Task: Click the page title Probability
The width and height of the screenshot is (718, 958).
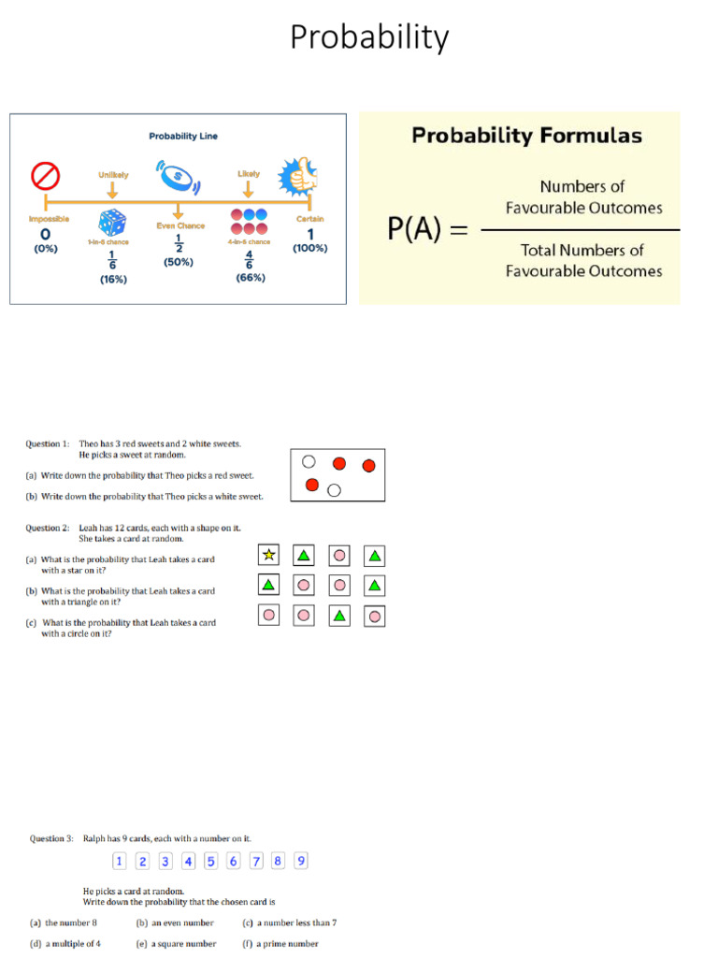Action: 369,38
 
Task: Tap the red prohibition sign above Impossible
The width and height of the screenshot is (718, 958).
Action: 46,176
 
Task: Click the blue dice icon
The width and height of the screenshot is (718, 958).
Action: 112,223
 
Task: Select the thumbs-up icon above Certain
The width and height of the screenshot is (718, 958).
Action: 298,175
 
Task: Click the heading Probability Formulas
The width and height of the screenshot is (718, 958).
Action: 527,136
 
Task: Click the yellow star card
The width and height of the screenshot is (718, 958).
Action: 269,555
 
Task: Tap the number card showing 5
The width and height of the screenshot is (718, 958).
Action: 211,862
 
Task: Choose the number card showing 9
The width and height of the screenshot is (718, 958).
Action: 301,862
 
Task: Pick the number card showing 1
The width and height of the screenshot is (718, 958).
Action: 120,862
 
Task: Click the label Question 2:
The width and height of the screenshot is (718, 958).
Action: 47,528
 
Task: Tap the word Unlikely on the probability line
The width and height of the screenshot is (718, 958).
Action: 113,174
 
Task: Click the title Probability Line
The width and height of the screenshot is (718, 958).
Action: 183,136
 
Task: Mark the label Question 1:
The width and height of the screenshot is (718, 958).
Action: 47,443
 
